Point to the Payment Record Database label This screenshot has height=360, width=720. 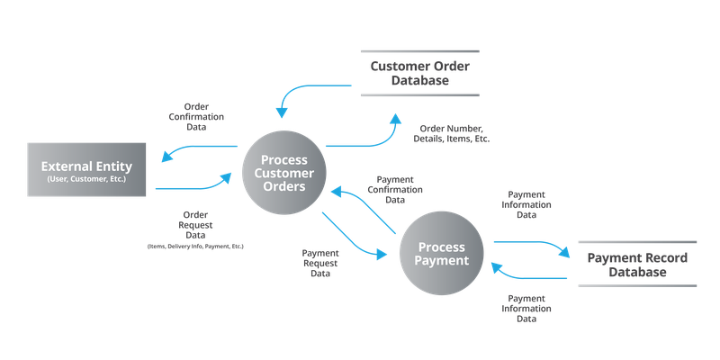(637, 265)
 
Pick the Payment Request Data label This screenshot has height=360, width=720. (319, 263)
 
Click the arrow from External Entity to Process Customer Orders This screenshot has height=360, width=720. (193, 187)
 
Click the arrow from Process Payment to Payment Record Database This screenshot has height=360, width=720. (531, 243)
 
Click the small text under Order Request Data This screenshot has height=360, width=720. (196, 245)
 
